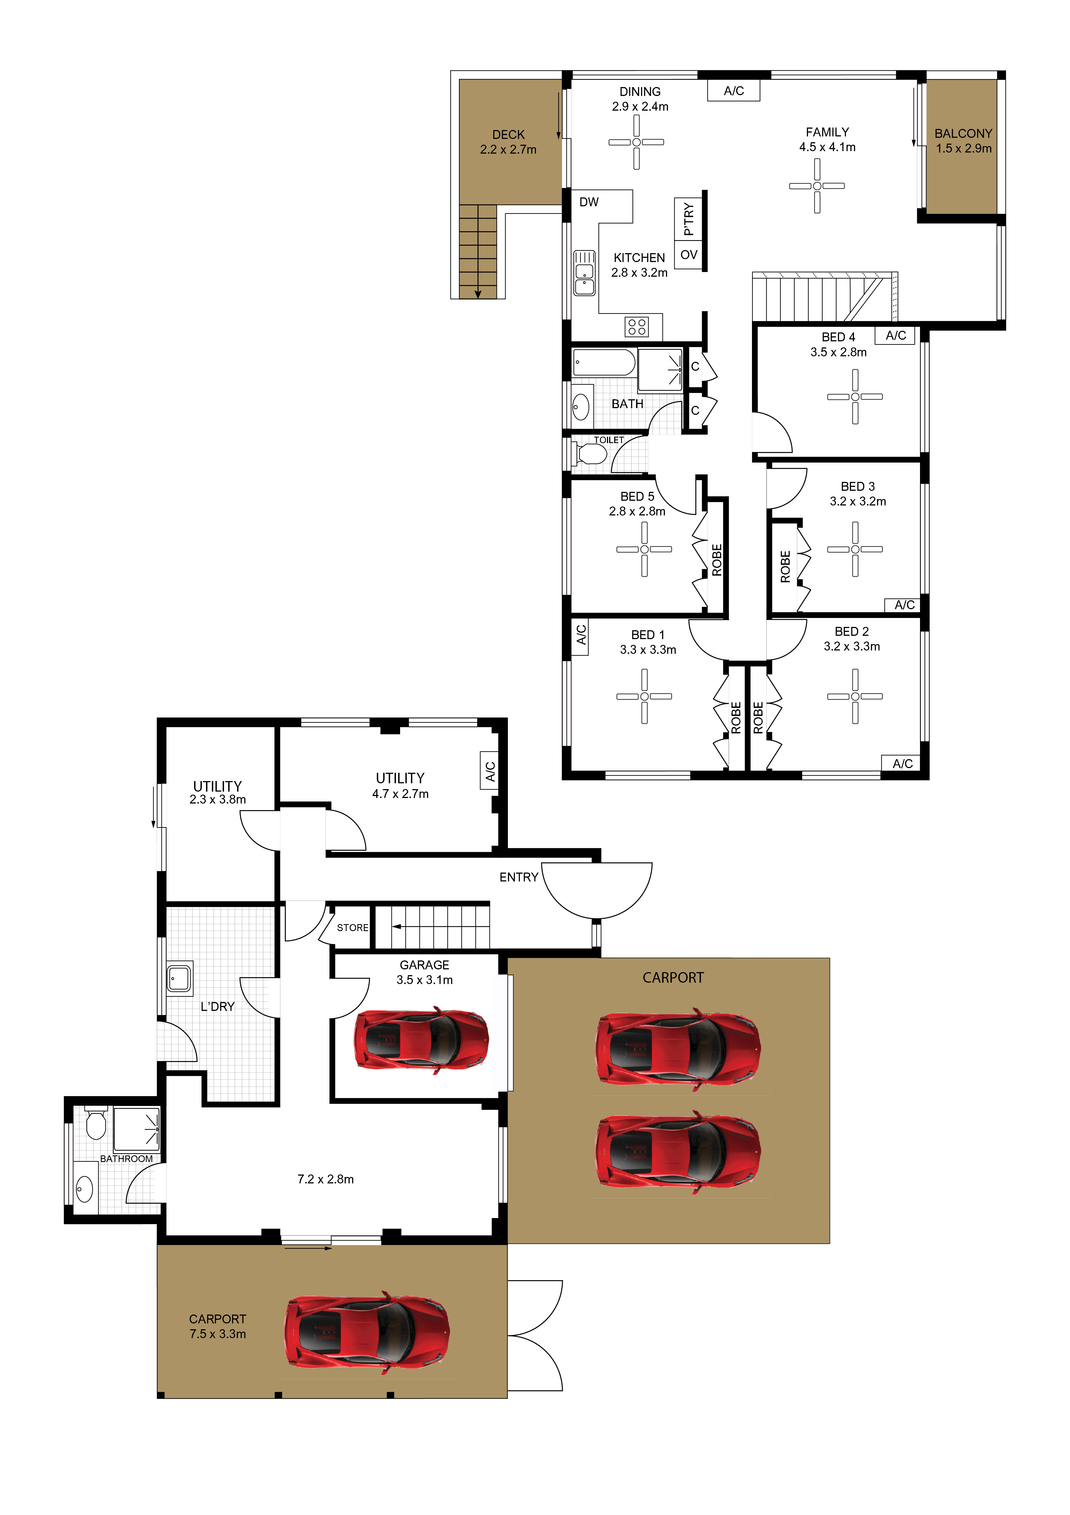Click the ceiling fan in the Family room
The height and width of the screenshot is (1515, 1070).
coord(817,186)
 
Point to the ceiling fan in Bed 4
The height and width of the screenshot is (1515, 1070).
coord(855,396)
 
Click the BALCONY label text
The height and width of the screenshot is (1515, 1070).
coord(963,133)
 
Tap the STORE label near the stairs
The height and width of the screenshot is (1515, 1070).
coord(352,928)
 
